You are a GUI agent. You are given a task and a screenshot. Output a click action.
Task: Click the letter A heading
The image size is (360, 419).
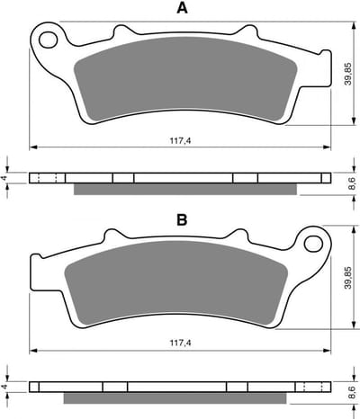coord(182,8)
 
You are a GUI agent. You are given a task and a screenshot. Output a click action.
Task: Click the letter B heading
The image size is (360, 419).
coord(182,219)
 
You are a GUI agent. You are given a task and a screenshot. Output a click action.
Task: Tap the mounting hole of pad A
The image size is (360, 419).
coord(48,40)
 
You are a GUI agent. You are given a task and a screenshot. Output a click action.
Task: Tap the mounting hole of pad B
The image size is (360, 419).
coord(313,244)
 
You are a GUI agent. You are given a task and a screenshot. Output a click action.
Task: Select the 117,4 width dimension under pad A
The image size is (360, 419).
coord(181,140)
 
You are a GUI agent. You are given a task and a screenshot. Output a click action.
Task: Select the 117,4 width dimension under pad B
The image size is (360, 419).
coord(181,343)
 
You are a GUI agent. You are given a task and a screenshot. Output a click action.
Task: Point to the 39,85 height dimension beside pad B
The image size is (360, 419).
coord(348,278)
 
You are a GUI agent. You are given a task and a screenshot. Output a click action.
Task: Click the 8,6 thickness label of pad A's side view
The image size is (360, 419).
coord(352,183)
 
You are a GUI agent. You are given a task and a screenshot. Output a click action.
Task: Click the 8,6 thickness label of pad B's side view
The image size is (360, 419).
coord(352,392)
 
